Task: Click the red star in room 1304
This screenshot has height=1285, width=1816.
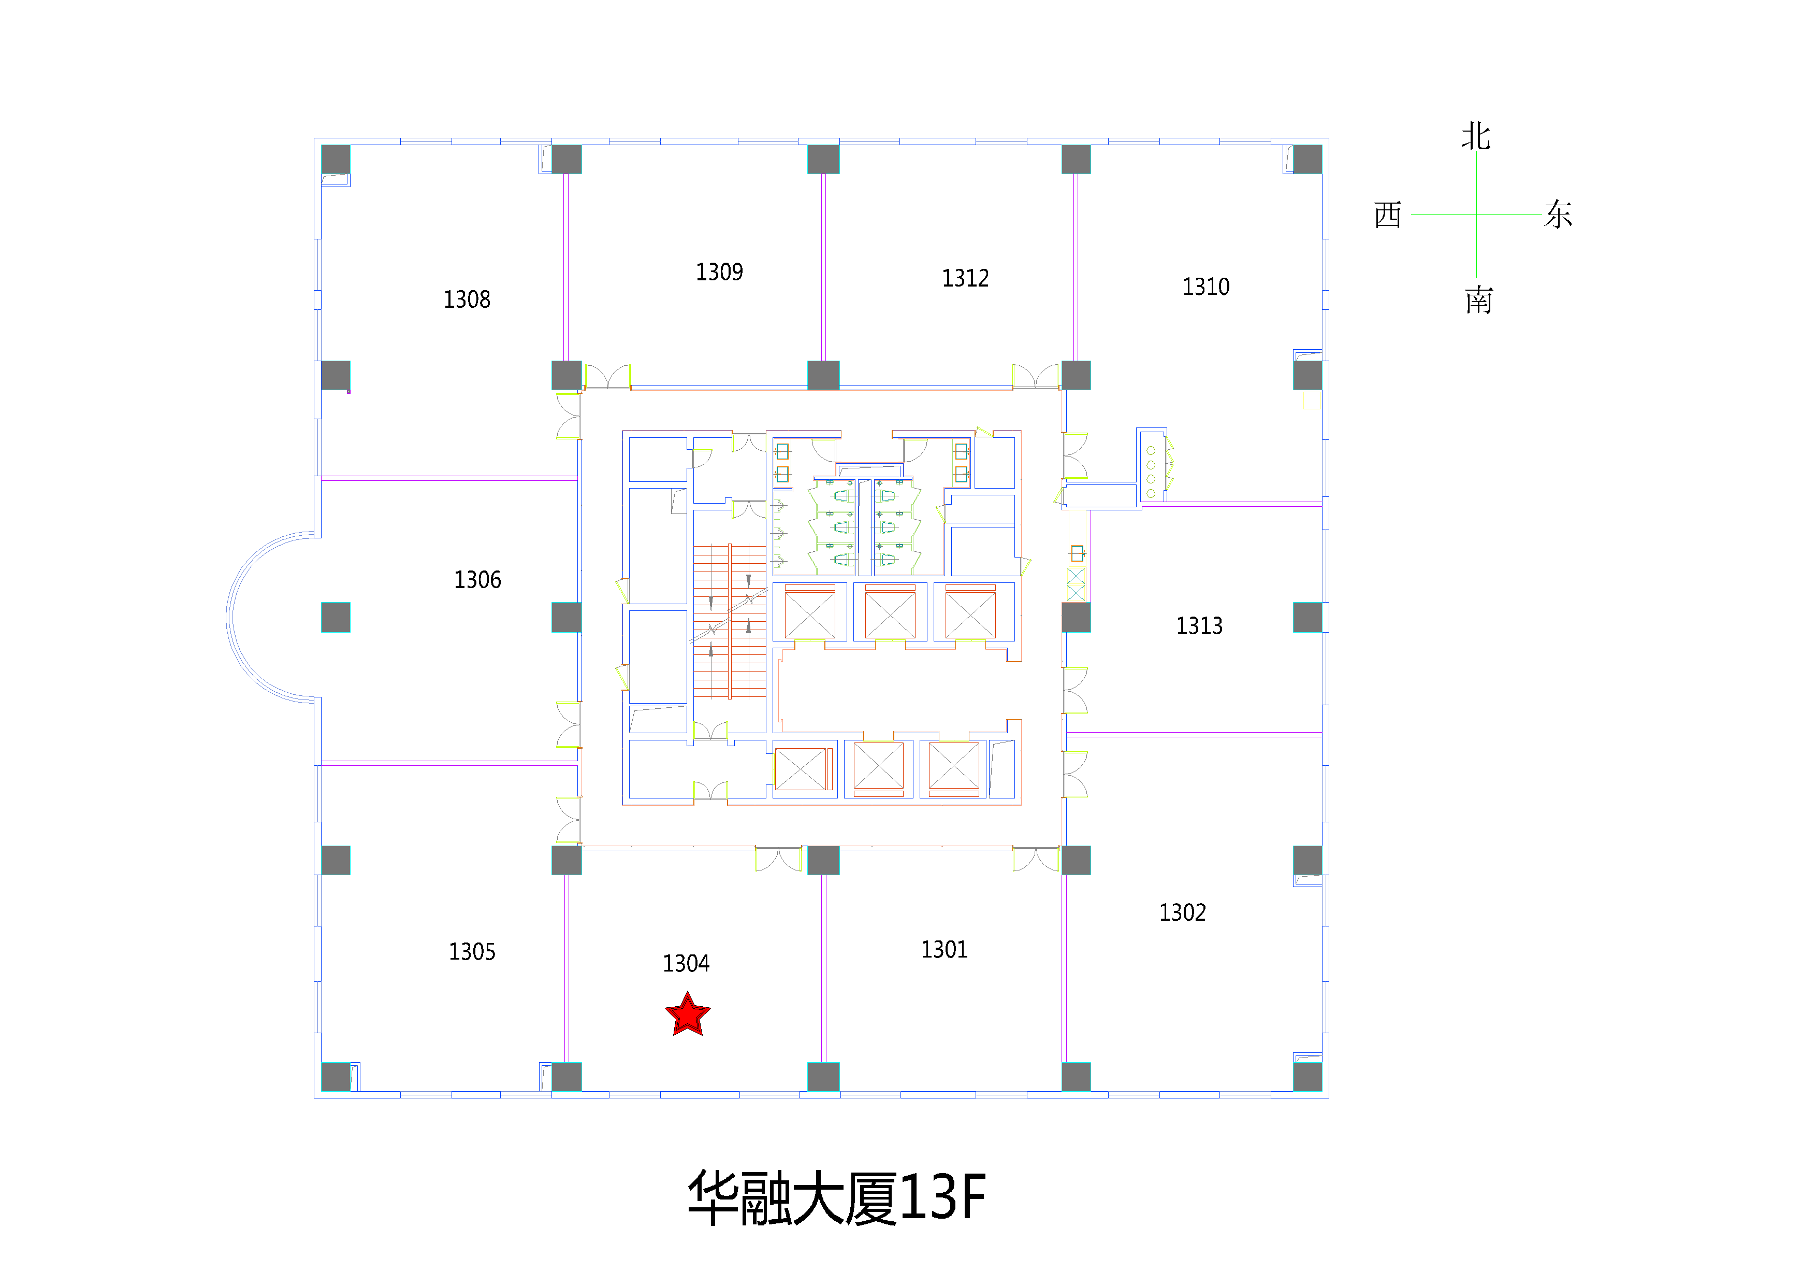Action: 687,1015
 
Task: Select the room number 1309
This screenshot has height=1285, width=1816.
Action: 719,272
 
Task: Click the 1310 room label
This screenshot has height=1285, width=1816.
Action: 1205,287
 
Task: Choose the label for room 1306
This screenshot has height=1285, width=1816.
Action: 477,580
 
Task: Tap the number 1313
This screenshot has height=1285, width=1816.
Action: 1199,626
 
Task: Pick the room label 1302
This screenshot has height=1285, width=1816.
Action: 1183,913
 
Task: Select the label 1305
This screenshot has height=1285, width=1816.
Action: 472,952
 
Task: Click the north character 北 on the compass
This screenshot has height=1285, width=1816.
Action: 1476,136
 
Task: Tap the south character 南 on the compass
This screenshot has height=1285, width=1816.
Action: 1478,301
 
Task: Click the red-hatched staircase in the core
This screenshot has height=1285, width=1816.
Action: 729,622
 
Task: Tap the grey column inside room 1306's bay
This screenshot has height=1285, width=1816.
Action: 336,617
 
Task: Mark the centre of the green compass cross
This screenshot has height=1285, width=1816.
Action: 1476,213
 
